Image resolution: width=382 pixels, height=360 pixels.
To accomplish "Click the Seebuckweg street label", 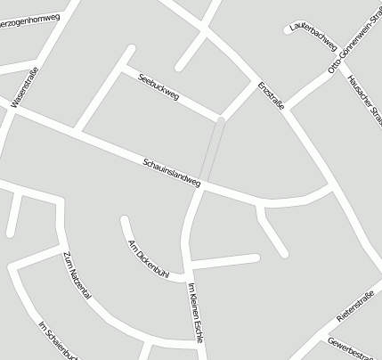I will click(158, 86).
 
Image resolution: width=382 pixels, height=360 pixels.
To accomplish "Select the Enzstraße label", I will click(271, 96).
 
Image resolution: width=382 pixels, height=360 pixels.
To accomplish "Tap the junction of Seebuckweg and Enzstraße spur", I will click(220, 117).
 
